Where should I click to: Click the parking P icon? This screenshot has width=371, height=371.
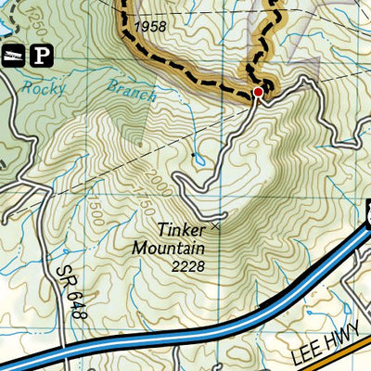point(41,56)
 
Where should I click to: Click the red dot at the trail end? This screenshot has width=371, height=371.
point(258,92)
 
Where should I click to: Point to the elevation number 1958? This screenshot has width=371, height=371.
point(149,27)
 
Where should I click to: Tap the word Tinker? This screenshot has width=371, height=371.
point(182,229)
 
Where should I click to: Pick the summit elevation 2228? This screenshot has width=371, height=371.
point(188,266)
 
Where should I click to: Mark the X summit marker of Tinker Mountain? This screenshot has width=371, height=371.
point(217,224)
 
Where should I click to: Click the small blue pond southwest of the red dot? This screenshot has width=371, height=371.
point(198,160)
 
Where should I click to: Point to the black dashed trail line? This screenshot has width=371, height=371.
point(185,69)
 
